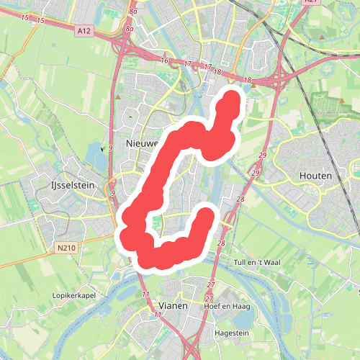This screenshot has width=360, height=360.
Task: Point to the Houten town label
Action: [x=315, y=176]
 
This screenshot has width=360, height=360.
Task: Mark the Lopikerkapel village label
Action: [x=74, y=295]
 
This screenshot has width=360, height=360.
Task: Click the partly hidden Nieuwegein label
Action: [x=142, y=143]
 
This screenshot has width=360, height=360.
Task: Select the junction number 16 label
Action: [x=165, y=60]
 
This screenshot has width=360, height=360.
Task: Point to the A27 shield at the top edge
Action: [x=310, y=2]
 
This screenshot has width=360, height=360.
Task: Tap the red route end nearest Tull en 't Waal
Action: [x=207, y=215]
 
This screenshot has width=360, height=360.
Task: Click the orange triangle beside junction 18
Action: [x=253, y=88]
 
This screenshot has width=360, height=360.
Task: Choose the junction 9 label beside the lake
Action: [x=112, y=148]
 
